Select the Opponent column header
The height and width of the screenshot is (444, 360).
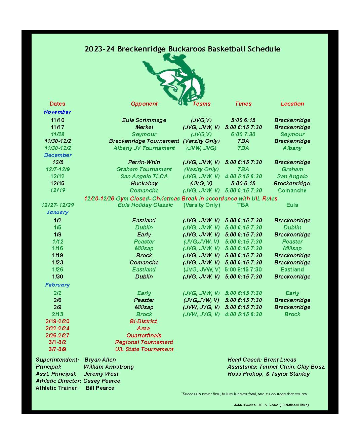[x=144, y=104]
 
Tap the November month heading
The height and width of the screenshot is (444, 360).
[x=57, y=112]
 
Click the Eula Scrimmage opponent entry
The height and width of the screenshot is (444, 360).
[x=144, y=120]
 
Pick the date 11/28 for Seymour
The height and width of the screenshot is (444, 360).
[x=57, y=134]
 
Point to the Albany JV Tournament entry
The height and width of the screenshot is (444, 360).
[x=144, y=148]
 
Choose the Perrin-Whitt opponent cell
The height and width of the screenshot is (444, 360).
[x=144, y=162]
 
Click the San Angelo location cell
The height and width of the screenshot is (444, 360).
[x=292, y=176]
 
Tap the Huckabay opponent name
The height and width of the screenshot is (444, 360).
[x=144, y=183]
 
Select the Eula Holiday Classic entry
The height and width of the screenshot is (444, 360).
[x=145, y=205]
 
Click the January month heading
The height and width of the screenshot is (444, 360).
[x=57, y=212]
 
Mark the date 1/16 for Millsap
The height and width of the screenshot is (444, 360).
[x=57, y=248]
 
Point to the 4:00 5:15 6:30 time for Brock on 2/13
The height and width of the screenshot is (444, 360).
[x=243, y=314]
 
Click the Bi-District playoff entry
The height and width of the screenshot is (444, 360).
[x=144, y=321]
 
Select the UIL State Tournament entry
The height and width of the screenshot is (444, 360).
[x=144, y=349]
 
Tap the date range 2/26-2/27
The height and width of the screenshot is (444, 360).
[x=57, y=335]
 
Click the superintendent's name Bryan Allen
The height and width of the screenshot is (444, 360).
[x=100, y=360]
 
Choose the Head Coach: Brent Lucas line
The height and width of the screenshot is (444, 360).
[x=262, y=360]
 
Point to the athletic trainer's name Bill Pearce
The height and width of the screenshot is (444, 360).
[x=100, y=388]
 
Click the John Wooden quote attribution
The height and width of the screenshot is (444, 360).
[x=271, y=405]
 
